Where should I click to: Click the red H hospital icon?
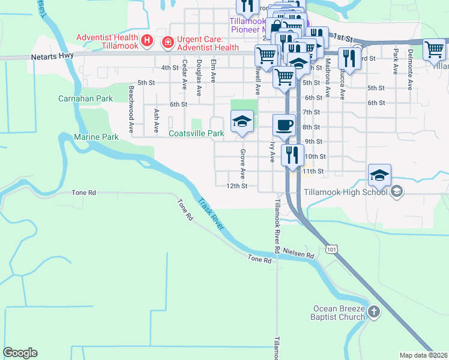[146, 41]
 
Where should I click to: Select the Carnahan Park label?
[85, 98]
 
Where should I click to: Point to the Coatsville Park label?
[196, 133]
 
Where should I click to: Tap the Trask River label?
[211, 214]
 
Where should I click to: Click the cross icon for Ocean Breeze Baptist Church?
[373, 311]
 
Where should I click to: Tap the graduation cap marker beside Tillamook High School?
[379, 175]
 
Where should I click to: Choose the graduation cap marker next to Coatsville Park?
[241, 121]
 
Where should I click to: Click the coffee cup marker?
[284, 125]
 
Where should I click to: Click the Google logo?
[20, 353]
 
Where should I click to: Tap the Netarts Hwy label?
[48, 58]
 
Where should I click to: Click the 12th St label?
[237, 186]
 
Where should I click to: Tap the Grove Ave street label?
[243, 164]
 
